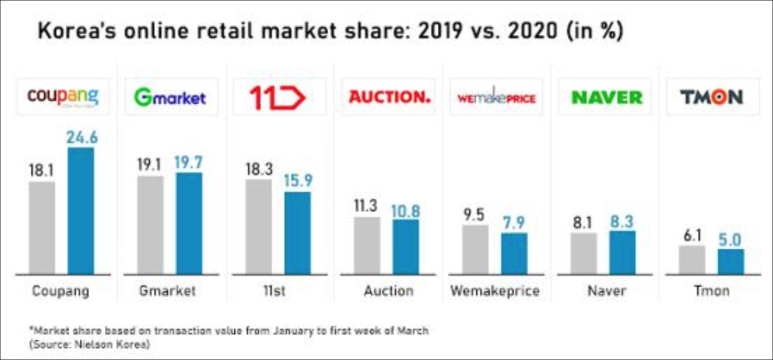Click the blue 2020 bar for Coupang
[x=81, y=210]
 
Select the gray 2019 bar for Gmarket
[x=150, y=225]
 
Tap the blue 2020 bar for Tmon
[x=731, y=261]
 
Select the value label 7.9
[x=513, y=223]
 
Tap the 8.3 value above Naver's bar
[x=622, y=222]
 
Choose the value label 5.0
[x=731, y=240]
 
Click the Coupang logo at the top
[x=62, y=97]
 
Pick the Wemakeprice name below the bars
[x=495, y=291]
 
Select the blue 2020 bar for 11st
[x=298, y=233]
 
